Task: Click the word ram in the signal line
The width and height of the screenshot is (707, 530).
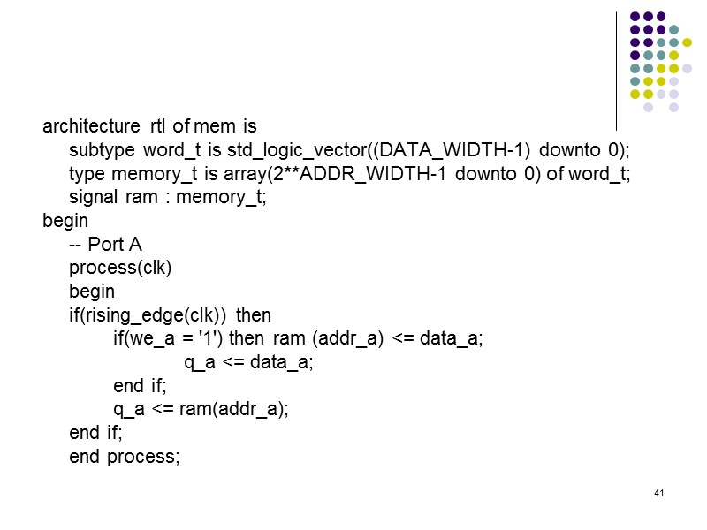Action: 141,197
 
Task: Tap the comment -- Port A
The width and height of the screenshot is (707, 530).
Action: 105,245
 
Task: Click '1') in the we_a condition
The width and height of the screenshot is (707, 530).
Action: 209,339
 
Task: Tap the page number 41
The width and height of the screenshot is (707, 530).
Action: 658,492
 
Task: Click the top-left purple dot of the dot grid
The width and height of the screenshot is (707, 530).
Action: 634,16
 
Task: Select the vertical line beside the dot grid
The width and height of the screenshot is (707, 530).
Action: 615,71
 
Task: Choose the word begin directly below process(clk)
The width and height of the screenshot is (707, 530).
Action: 92,291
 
